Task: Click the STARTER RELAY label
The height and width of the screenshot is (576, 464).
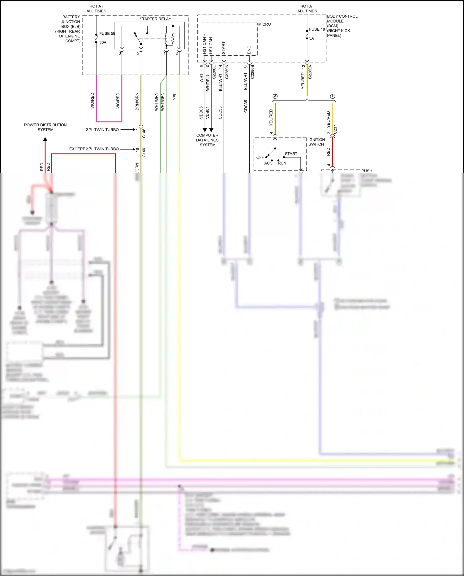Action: tap(155, 19)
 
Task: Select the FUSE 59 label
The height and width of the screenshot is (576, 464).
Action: tap(107, 33)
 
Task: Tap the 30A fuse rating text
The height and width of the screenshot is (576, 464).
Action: tap(103, 42)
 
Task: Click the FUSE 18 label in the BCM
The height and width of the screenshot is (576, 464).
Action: tap(317, 29)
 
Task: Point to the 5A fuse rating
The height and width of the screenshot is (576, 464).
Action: tap(311, 38)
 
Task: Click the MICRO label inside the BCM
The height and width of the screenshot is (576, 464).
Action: tap(264, 24)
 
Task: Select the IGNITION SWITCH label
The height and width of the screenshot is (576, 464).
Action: tap(316, 142)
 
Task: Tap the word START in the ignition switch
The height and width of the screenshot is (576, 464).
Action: tap(291, 154)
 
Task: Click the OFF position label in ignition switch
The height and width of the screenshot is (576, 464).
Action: tap(260, 157)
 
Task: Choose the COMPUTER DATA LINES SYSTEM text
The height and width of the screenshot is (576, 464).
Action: tap(207, 140)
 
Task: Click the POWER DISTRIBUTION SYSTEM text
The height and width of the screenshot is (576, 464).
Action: tap(45, 127)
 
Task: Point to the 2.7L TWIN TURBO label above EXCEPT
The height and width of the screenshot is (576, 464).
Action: tap(102, 130)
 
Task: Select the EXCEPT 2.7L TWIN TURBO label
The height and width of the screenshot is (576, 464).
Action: tap(94, 149)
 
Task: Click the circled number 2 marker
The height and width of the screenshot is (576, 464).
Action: tap(275, 96)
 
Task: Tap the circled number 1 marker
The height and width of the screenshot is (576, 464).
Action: tap(333, 96)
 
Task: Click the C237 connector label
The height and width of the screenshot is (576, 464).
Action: tap(335, 130)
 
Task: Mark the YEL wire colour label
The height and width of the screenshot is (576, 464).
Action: tap(175, 96)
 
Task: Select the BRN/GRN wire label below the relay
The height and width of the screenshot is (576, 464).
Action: tap(137, 102)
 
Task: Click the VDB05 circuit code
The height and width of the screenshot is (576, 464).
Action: tap(201, 113)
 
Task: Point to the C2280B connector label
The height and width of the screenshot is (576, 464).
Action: tap(252, 72)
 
